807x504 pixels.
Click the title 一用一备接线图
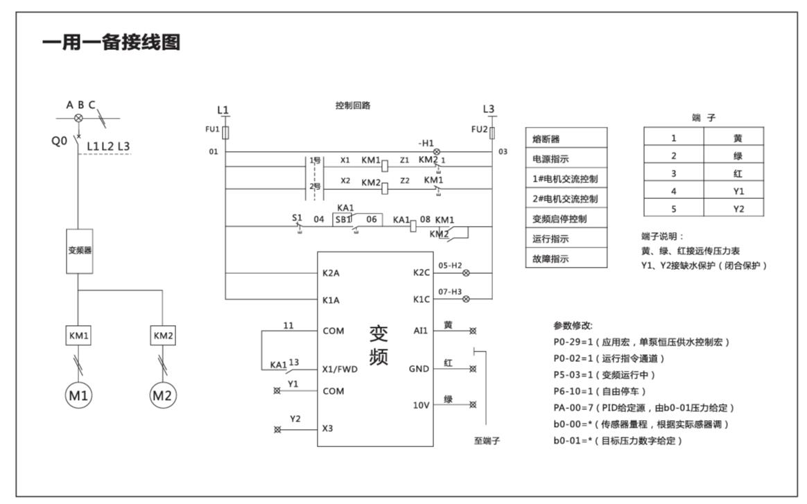112,43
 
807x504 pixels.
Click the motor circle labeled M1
79,396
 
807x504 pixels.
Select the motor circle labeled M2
163,396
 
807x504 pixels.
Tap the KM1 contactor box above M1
79,336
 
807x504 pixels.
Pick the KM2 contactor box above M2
163,336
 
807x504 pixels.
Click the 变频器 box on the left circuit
79,250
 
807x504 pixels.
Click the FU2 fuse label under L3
479,130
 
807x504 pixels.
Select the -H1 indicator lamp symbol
436,152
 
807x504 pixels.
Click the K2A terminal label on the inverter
331,273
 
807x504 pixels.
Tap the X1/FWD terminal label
340,370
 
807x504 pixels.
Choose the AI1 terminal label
420,331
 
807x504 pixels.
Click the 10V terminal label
421,405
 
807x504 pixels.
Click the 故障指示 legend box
566,259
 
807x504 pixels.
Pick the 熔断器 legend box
566,139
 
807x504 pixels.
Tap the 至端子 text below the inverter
487,441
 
